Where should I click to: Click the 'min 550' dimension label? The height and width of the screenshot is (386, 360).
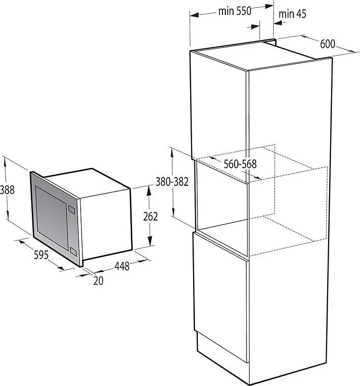click(x=235, y=11)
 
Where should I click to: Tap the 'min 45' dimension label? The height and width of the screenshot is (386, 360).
click(x=292, y=14)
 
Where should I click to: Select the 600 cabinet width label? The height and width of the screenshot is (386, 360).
click(x=328, y=44)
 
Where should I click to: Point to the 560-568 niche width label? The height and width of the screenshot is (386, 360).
click(x=240, y=164)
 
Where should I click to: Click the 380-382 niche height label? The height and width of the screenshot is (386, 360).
click(x=172, y=182)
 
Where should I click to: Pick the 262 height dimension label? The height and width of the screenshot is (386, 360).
click(x=150, y=216)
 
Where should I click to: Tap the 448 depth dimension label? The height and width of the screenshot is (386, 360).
click(x=122, y=266)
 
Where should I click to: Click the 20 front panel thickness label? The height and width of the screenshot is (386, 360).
click(x=98, y=281)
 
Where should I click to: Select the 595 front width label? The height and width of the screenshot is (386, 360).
click(x=41, y=255)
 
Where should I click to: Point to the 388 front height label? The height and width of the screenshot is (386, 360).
click(x=7, y=190)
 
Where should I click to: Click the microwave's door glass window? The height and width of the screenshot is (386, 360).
click(x=51, y=218)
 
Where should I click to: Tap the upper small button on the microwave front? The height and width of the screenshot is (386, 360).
click(x=71, y=209)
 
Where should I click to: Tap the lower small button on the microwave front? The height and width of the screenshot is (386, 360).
click(x=73, y=251)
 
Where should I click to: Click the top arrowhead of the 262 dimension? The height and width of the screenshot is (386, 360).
click(x=149, y=191)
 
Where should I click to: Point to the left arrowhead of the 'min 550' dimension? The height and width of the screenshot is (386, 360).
click(x=194, y=15)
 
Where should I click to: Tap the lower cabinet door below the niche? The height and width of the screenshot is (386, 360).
click(x=221, y=297)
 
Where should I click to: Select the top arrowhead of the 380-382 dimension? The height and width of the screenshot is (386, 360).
click(x=172, y=152)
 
